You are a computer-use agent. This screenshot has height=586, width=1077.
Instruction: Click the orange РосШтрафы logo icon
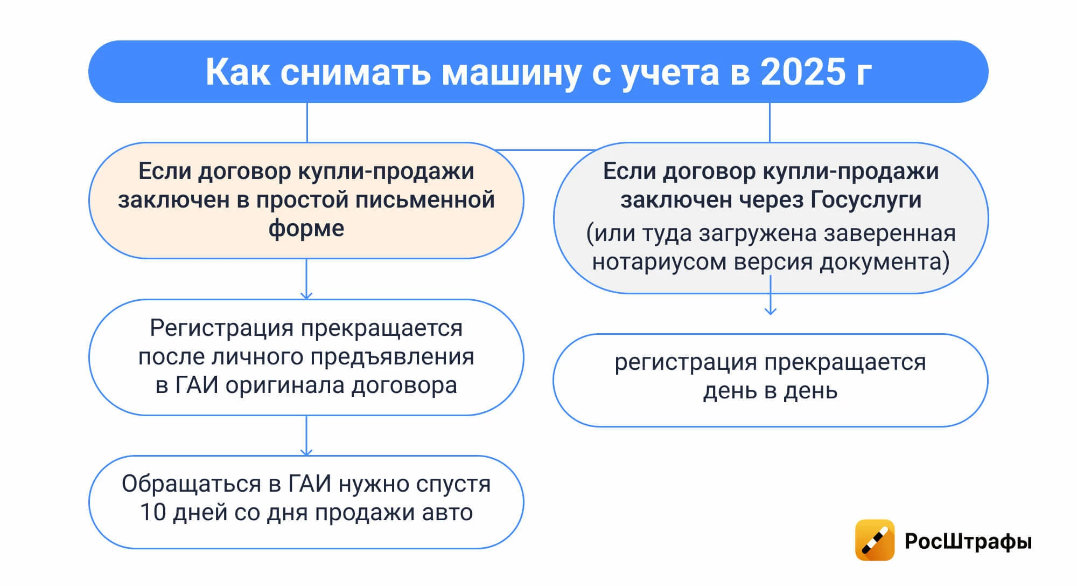click(x=875, y=540)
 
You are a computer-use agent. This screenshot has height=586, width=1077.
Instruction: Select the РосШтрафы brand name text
click(x=968, y=541)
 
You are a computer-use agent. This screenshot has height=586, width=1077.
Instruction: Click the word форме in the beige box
click(x=306, y=229)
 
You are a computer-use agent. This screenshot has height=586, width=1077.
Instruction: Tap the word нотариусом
click(x=660, y=262)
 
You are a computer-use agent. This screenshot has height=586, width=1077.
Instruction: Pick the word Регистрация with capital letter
click(x=222, y=328)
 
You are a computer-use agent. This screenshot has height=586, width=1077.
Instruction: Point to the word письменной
click(x=425, y=200)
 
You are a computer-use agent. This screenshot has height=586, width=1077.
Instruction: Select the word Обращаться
click(x=191, y=484)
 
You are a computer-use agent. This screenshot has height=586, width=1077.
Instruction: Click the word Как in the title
click(x=237, y=72)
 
